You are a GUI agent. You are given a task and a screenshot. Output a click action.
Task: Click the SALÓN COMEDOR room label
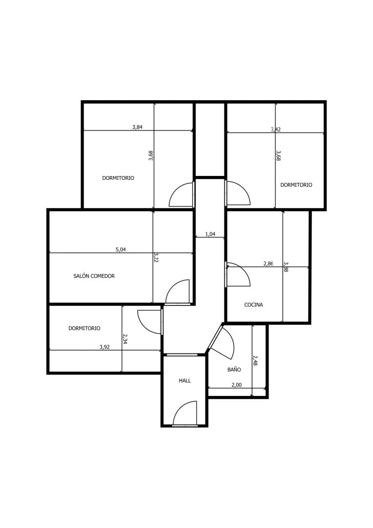[x=94, y=276]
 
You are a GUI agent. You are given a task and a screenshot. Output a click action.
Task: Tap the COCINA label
[x=254, y=305]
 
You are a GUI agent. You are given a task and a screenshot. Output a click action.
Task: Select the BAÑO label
[x=234, y=370]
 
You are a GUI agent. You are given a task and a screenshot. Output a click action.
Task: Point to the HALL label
[x=185, y=380]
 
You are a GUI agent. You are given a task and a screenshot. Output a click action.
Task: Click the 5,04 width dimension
[x=121, y=249]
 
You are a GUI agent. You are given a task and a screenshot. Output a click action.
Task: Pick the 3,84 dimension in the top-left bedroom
[x=137, y=127]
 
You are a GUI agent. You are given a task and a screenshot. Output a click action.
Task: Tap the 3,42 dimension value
[x=276, y=129]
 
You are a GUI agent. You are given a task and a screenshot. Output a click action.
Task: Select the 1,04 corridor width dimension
[x=210, y=234]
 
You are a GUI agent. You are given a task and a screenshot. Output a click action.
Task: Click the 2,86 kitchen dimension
[x=268, y=264]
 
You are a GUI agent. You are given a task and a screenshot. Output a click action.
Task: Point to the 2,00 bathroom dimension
[x=237, y=385]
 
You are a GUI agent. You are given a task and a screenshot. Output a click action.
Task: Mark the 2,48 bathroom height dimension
[x=255, y=361]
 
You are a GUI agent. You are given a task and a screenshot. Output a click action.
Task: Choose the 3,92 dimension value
[x=105, y=347]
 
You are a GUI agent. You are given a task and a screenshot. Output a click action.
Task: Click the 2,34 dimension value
[x=125, y=339]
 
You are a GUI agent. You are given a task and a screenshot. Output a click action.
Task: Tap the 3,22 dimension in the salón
[x=156, y=257]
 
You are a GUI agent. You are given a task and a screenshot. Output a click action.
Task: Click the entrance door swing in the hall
[x=185, y=413]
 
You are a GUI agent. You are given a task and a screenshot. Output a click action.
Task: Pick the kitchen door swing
[x=239, y=274]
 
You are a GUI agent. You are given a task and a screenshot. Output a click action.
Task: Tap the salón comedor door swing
[x=178, y=291]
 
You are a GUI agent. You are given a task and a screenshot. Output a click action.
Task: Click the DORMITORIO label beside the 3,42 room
[x=296, y=185]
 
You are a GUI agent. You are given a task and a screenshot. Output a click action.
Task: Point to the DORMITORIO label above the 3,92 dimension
[x=84, y=328]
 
